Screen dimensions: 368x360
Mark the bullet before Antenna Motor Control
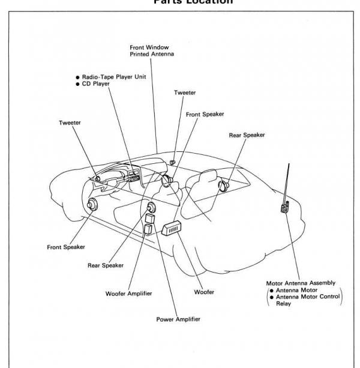pos(270,297)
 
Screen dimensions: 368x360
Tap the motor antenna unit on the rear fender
pos(284,208)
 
